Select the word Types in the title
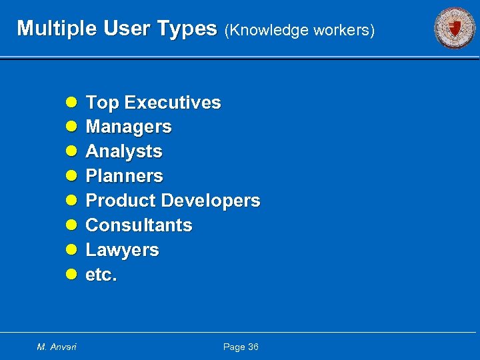[189, 29]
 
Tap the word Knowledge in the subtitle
[267, 30]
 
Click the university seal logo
[455, 29]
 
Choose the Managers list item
[129, 127]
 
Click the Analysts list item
[124, 151]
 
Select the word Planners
[125, 176]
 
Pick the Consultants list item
[139, 225]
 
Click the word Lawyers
[123, 250]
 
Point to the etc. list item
[101, 275]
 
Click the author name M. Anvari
[57, 347]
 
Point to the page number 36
[253, 347]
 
